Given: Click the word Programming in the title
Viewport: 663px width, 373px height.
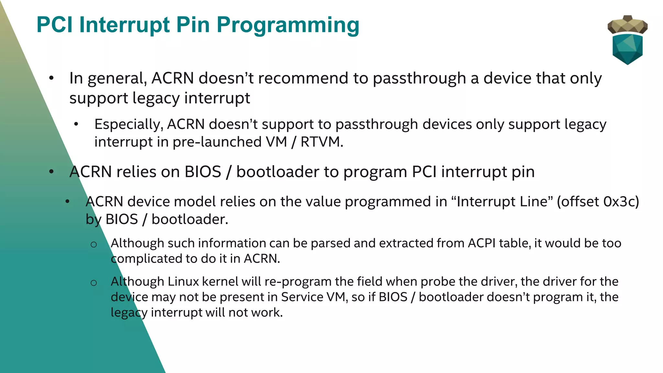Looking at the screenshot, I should pyautogui.click(x=288, y=25).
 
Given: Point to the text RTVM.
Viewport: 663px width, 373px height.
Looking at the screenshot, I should pyautogui.click(x=321, y=142).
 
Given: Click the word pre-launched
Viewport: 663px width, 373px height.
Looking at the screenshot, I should pyautogui.click(x=217, y=142).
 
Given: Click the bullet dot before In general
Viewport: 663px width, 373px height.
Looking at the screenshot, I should pyautogui.click(x=51, y=78).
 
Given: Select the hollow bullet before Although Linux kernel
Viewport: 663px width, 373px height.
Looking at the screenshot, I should pyautogui.click(x=94, y=283).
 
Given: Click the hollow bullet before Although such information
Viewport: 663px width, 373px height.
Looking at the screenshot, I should pyautogui.click(x=94, y=245).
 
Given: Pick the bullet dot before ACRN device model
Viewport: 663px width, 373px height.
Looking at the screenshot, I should pyautogui.click(x=67, y=202).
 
